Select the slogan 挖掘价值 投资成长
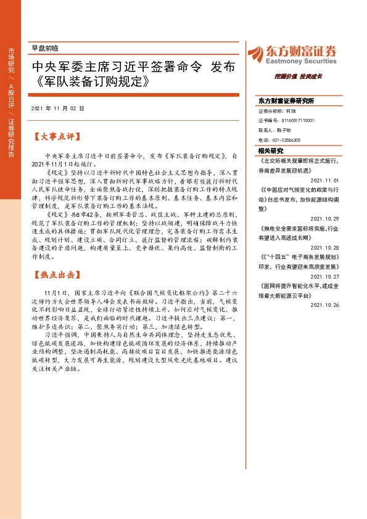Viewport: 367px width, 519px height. (x=299, y=76)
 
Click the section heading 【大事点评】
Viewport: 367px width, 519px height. (x=58, y=133)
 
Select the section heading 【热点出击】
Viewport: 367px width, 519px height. (x=58, y=274)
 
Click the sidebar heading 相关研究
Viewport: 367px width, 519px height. (x=271, y=150)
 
